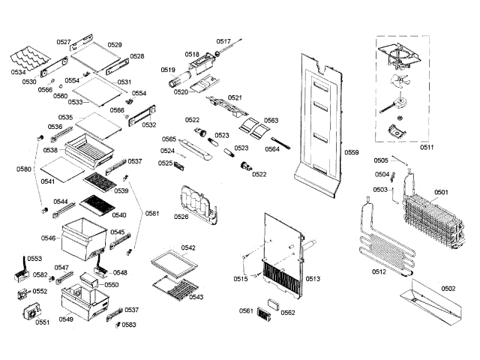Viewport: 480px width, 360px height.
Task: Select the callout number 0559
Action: click(x=352, y=153)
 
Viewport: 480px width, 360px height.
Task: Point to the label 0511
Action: click(x=427, y=148)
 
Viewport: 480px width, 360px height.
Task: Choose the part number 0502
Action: click(x=448, y=288)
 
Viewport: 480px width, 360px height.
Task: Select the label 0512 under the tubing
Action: click(x=379, y=271)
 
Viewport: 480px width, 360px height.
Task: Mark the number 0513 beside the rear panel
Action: click(x=313, y=279)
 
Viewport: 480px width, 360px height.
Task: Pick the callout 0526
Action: click(x=181, y=217)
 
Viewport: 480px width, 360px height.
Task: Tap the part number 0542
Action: click(x=187, y=247)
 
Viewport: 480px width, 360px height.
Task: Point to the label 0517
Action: click(x=224, y=41)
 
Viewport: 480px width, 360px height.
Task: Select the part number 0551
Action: click(x=42, y=322)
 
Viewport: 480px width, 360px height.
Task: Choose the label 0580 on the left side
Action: click(x=24, y=169)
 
